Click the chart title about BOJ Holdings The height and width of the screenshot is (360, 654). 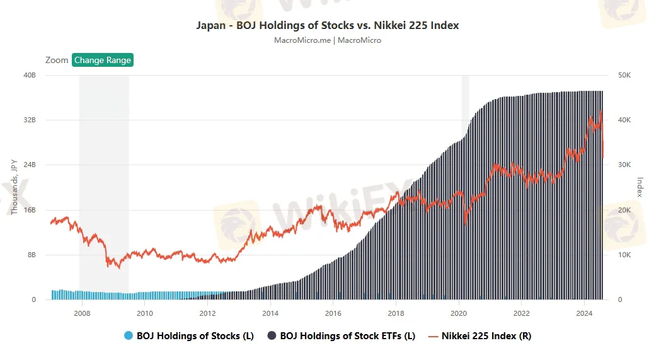(x=327, y=26)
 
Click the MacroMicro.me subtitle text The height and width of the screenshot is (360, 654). (x=327, y=40)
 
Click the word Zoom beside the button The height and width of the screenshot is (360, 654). (x=57, y=60)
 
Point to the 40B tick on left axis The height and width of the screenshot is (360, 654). (x=30, y=75)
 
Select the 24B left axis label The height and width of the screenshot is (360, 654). (x=30, y=165)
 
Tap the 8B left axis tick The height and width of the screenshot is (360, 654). (x=31, y=255)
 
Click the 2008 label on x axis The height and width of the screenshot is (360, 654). (x=82, y=313)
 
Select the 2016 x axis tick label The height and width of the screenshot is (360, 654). (x=333, y=313)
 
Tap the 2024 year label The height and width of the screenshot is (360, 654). (x=585, y=313)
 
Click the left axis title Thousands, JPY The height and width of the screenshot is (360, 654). (x=14, y=187)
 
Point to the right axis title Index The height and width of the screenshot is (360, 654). (x=640, y=187)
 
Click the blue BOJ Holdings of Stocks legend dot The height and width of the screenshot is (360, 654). (x=129, y=336)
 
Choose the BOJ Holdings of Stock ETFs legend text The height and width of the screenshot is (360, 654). (x=348, y=336)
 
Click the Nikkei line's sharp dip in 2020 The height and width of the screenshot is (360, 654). (x=465, y=222)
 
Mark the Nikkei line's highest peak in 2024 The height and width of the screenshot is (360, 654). (x=600, y=111)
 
